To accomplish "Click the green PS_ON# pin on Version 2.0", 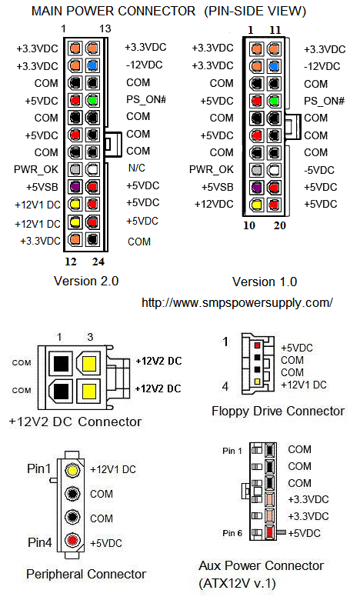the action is (92, 100).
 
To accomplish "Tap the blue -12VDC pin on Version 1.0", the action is (273, 66).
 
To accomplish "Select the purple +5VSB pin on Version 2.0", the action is (75, 187).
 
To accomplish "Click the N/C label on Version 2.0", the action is (137, 168).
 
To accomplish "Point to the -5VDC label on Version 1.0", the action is (319, 170).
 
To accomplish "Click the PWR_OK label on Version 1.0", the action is (212, 169).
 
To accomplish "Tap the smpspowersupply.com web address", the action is (237, 302).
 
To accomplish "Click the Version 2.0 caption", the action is (86, 282).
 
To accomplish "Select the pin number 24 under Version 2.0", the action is (98, 262).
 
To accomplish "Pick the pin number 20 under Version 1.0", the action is (280, 225).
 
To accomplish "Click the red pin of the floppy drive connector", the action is (257, 345).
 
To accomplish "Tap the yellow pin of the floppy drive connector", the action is (257, 382).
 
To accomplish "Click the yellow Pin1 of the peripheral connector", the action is (72, 469).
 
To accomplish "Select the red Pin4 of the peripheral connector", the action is (72, 540).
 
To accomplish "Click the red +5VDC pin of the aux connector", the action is (270, 532).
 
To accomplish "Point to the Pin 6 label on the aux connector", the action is (232, 533).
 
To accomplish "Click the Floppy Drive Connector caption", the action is (278, 411).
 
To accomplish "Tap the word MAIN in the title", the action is (48, 11).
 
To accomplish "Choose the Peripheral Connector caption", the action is (86, 574).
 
